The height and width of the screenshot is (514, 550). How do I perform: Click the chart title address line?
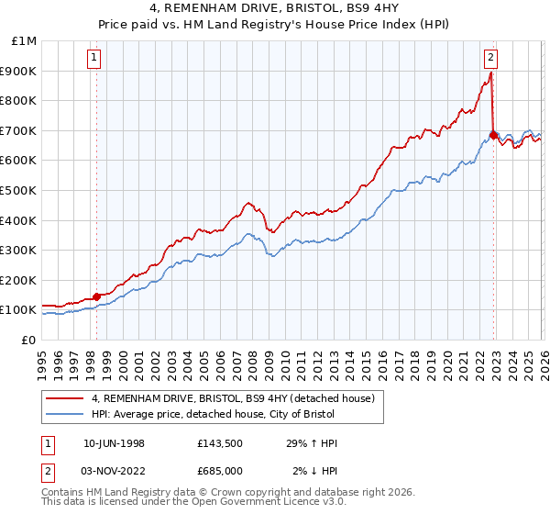275,8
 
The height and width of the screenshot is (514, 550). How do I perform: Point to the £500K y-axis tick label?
20,191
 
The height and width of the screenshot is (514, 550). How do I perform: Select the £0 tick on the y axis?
29,340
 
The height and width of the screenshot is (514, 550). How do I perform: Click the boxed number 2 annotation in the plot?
491,57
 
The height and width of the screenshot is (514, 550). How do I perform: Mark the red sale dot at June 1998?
97,296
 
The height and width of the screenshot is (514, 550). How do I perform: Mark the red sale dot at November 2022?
493,135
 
